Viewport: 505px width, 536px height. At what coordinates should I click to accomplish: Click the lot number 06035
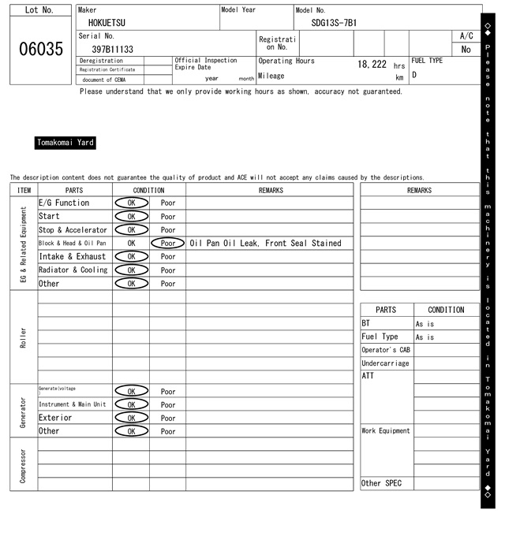click(x=40, y=49)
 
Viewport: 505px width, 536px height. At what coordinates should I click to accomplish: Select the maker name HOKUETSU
click(x=107, y=23)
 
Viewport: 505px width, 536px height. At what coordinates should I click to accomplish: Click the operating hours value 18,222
click(x=372, y=64)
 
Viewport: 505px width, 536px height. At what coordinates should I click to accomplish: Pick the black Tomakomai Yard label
click(x=65, y=143)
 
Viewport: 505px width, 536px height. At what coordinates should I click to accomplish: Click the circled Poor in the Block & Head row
click(x=167, y=244)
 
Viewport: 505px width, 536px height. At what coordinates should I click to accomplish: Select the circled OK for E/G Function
click(x=131, y=203)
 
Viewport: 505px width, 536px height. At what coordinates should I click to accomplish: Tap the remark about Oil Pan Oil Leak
click(x=266, y=244)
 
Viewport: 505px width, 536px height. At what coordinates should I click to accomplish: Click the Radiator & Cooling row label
click(x=73, y=270)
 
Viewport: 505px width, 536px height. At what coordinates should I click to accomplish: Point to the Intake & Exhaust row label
click(x=73, y=257)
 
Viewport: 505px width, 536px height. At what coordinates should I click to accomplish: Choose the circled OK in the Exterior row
click(x=131, y=418)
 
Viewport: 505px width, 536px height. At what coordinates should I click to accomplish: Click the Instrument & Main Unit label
click(x=72, y=404)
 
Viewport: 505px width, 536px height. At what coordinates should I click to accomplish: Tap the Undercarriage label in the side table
click(x=385, y=363)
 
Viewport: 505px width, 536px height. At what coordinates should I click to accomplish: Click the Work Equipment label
click(x=386, y=431)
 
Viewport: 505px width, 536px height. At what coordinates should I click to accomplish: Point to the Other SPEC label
click(x=381, y=483)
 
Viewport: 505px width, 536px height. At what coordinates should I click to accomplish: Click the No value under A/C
click(x=466, y=50)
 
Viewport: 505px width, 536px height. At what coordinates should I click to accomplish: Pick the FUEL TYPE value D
click(x=414, y=76)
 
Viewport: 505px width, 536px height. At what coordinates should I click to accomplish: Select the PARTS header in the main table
click(x=74, y=190)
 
